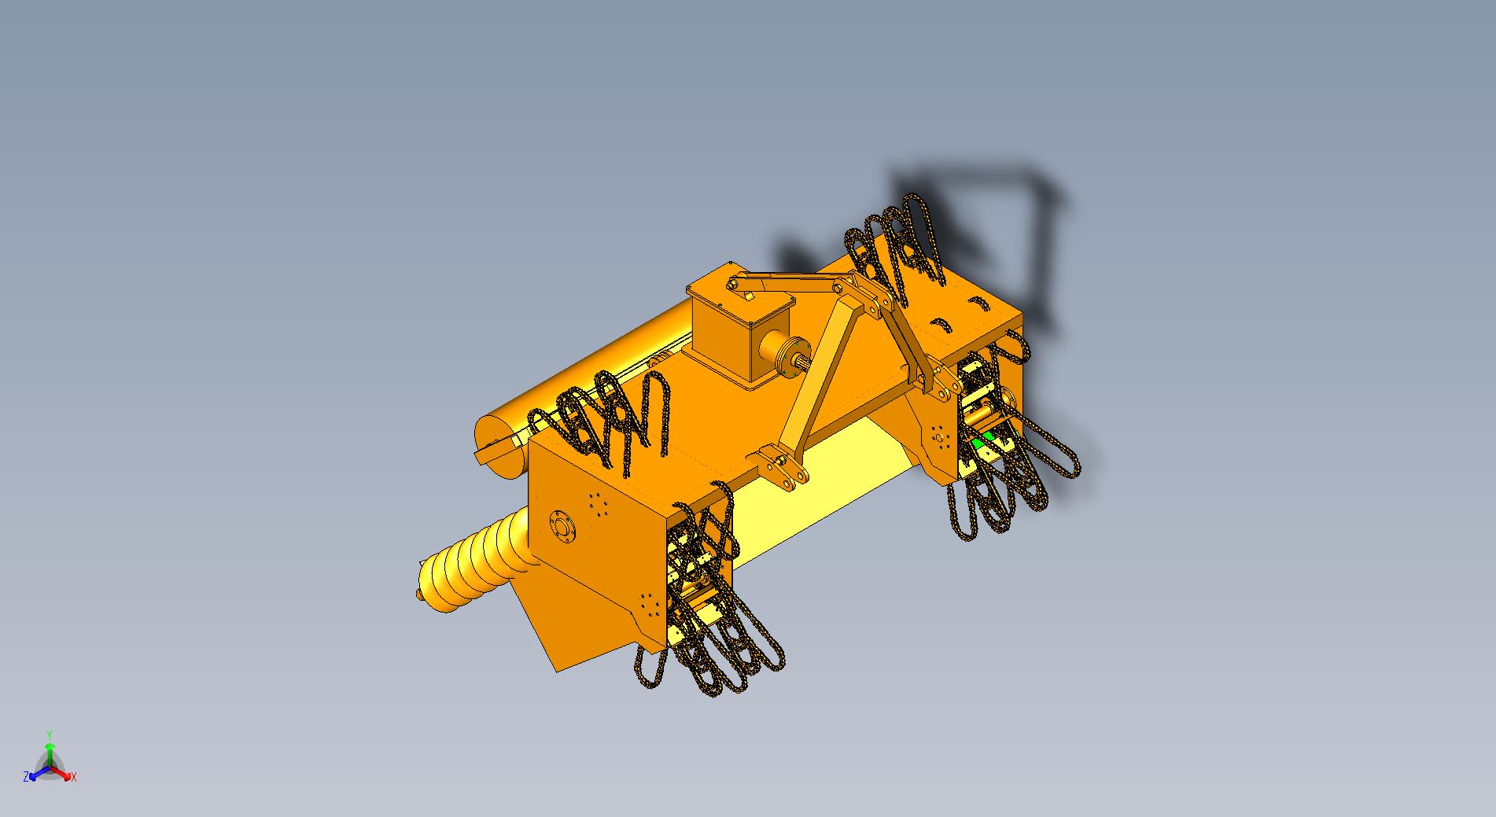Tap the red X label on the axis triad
[73, 777]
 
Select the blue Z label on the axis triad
[26, 776]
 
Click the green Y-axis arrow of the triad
[50, 751]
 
